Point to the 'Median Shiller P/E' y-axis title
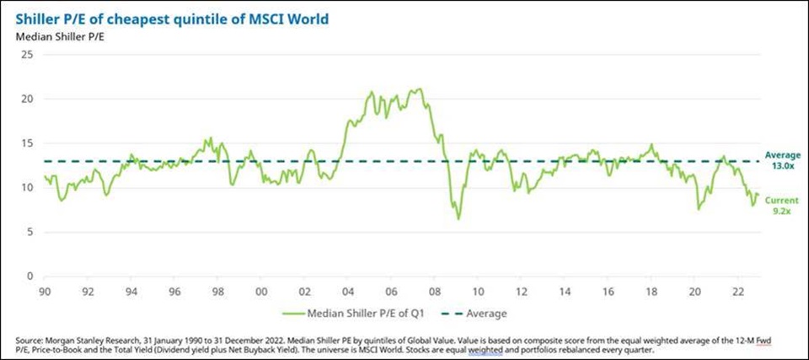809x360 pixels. (x=52, y=36)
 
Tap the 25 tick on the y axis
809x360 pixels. (x=28, y=55)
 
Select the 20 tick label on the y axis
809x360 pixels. (x=28, y=99)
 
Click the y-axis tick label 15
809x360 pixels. (x=28, y=143)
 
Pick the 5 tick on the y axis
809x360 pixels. (x=30, y=232)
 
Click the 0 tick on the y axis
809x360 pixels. (x=30, y=276)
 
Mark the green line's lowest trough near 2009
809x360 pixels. (x=458, y=219)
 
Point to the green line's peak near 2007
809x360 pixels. (x=419, y=89)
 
